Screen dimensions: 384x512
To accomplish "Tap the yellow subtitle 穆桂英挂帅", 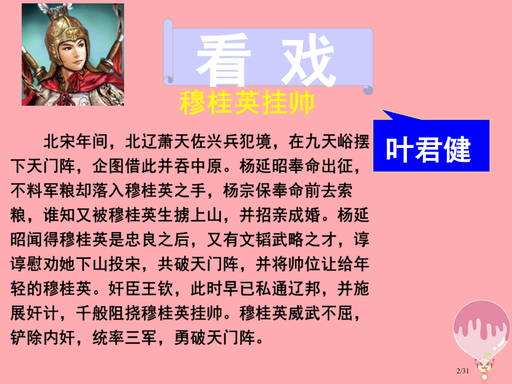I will tap(247, 104).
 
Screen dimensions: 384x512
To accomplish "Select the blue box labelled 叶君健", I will tap(429, 148).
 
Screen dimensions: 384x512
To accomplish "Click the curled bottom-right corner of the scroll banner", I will tap(367, 88).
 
